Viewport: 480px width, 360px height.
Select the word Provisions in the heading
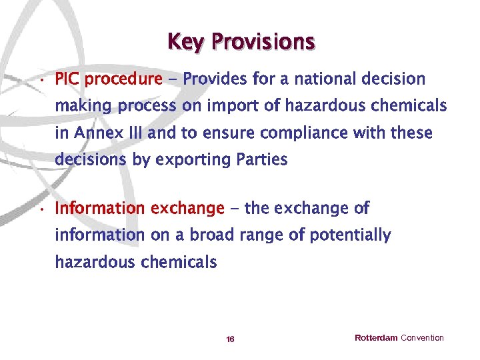point(263,42)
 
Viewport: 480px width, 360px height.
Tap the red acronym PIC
point(67,79)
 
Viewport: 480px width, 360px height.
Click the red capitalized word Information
point(100,209)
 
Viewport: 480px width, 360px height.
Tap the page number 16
point(230,339)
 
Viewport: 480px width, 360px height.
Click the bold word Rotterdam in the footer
point(375,338)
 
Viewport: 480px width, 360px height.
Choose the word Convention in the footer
point(422,338)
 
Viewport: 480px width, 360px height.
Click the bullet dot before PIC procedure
point(41,81)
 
